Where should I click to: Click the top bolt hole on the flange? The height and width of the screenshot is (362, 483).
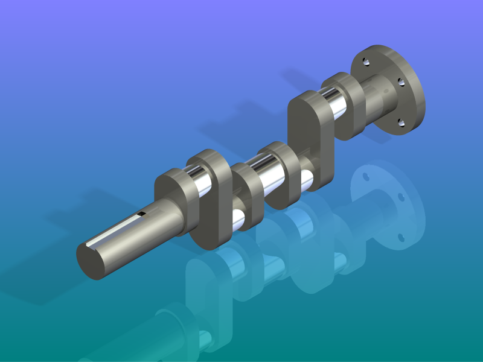(x=367, y=61)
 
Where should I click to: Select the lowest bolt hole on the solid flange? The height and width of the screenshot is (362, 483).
(x=401, y=123)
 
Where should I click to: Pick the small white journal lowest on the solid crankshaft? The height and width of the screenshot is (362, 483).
(x=238, y=220)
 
